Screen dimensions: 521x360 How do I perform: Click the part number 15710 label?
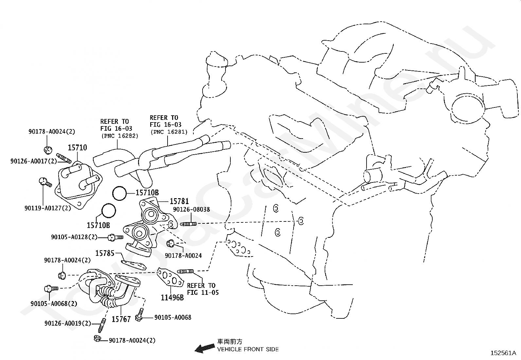point(77,147)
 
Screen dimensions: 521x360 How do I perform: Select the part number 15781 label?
point(179,201)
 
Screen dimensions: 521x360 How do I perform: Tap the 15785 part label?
point(105,253)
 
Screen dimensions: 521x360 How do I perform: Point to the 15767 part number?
point(121,319)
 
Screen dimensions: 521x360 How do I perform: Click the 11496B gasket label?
point(172,297)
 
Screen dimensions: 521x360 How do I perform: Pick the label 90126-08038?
point(191,209)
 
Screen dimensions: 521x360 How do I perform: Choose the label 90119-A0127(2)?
point(48,208)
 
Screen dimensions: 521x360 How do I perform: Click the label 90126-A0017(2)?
point(33,161)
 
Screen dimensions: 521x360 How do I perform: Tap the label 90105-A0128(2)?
point(74,237)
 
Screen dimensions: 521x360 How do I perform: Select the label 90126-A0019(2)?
point(68,323)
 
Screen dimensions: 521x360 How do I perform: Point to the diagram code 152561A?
point(503,353)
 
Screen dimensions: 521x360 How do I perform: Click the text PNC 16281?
point(169,132)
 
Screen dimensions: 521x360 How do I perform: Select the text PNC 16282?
point(120,136)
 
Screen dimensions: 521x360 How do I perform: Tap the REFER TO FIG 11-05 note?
point(203,289)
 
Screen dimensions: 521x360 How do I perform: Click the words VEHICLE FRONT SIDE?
point(248,349)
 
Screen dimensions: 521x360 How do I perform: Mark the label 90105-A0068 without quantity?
point(173,317)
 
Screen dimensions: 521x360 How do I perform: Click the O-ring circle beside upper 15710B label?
point(119,193)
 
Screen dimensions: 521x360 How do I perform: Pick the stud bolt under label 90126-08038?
point(189,224)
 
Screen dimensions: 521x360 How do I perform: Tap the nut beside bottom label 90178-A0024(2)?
point(97,338)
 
